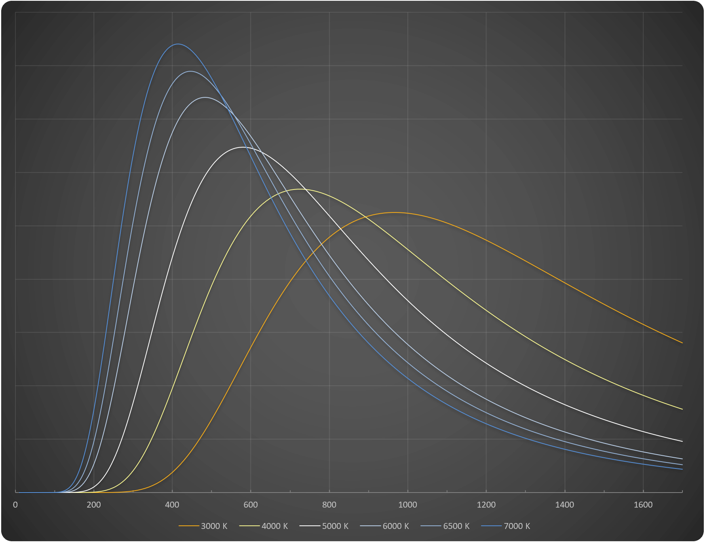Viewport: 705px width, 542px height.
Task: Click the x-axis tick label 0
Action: [15, 505]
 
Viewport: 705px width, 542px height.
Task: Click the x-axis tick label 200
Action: [94, 505]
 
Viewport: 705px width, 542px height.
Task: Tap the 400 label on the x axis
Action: [172, 505]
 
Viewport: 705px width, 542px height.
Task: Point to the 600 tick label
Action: [251, 505]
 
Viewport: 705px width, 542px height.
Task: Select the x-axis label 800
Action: [329, 505]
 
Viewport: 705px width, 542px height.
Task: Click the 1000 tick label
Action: [408, 505]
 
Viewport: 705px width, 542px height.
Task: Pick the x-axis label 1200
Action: [486, 505]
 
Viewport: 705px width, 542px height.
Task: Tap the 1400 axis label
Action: [564, 505]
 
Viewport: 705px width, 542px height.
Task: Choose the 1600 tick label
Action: [643, 505]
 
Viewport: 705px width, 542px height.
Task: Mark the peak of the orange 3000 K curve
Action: [394, 212]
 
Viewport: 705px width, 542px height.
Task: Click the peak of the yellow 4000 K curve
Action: [300, 189]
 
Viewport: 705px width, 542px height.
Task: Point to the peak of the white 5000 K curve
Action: [242, 147]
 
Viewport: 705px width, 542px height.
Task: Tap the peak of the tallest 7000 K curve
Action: [177, 44]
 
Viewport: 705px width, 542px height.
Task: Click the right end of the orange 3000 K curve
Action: [682, 343]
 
